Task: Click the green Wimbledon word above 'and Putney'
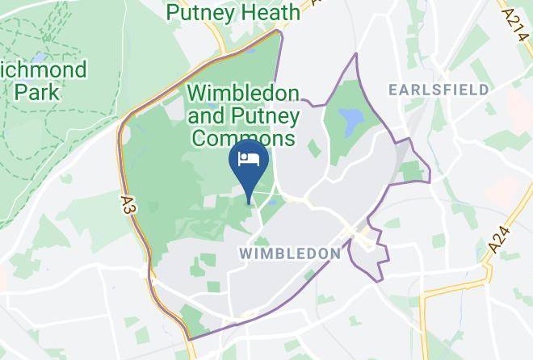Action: [243, 93]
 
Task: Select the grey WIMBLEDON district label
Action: [291, 253]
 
